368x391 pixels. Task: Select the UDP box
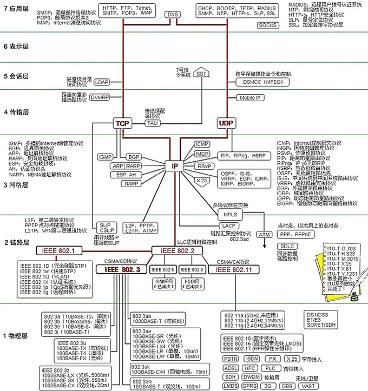(x=225, y=124)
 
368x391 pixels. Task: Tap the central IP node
(x=175, y=166)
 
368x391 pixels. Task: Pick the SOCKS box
(x=267, y=25)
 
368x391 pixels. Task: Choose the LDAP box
(x=101, y=82)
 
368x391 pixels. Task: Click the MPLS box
(x=227, y=214)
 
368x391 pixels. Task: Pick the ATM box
(x=264, y=235)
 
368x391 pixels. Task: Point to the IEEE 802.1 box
(x=58, y=250)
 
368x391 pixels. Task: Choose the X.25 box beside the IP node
(x=201, y=180)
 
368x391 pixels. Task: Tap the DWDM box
(x=250, y=376)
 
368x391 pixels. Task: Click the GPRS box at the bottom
(x=250, y=386)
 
